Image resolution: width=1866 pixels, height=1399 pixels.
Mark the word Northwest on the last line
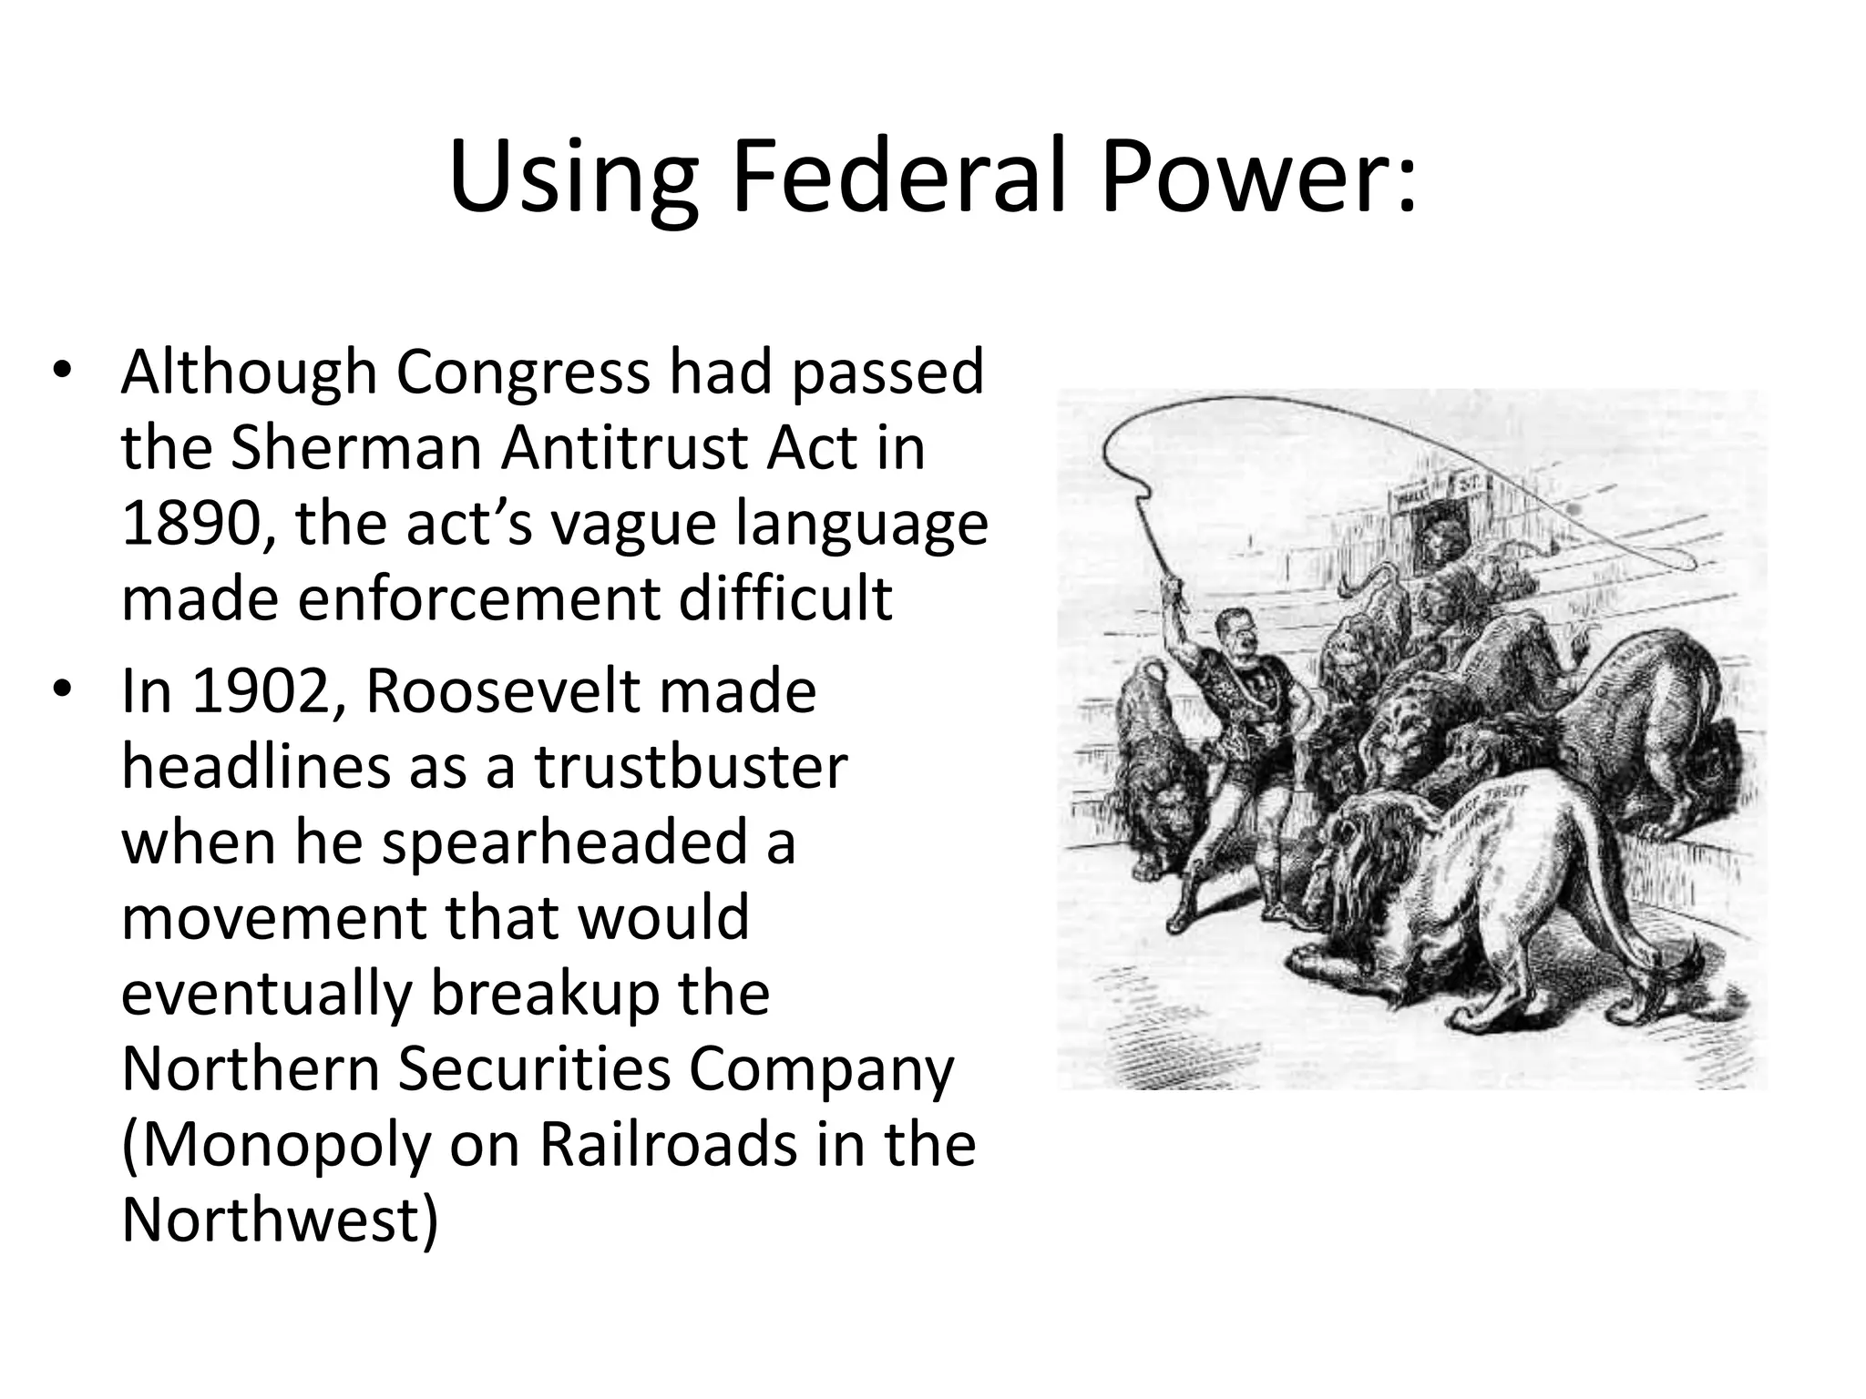tap(273, 1220)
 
